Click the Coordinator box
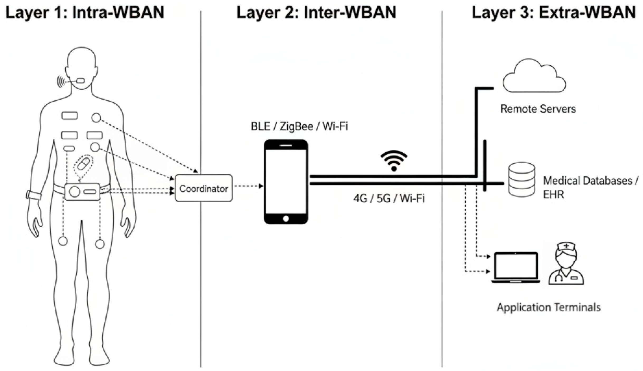pyautogui.click(x=204, y=188)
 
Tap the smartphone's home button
pyautogui.click(x=286, y=218)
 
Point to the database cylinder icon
pyautogui.click(x=522, y=179)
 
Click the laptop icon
pyautogui.click(x=516, y=268)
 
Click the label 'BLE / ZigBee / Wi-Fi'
pyautogui.click(x=299, y=126)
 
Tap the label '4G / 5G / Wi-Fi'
pyautogui.click(x=389, y=198)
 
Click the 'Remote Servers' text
pyautogui.click(x=538, y=109)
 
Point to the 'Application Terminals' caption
pyautogui.click(x=549, y=307)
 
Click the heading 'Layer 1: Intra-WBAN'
pyautogui.click(x=84, y=12)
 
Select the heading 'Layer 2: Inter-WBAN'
pyautogui.click(x=316, y=12)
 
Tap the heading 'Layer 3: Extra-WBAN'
pyautogui.click(x=554, y=12)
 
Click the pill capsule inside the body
pyautogui.click(x=84, y=164)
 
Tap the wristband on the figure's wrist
pyautogui.click(x=34, y=195)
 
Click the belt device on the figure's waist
pyautogui.click(x=82, y=192)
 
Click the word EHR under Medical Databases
pyautogui.click(x=553, y=195)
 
